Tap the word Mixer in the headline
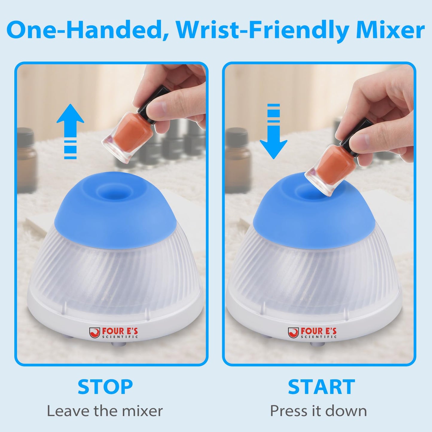pos(390,30)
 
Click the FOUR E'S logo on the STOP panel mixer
pos(114,333)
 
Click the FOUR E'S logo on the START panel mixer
pos(312,333)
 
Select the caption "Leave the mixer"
pos(105,411)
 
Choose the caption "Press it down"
pos(318,411)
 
